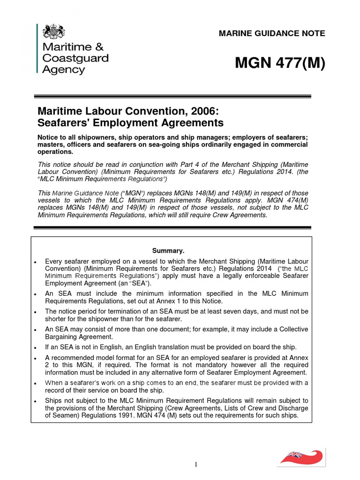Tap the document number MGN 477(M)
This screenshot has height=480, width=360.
click(x=280, y=64)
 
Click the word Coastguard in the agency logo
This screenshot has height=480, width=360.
click(x=75, y=58)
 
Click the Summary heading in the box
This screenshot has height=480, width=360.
click(x=171, y=250)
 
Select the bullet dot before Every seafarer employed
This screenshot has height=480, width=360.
click(x=36, y=261)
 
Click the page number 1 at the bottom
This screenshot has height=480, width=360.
click(x=196, y=465)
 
